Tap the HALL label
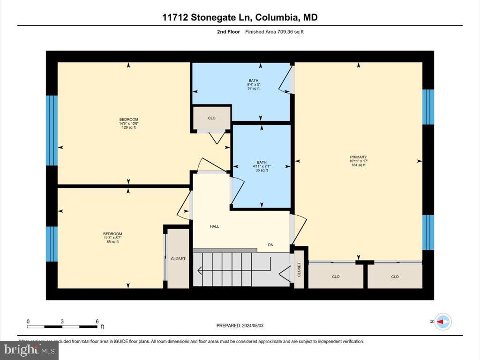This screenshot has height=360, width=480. click(x=214, y=226)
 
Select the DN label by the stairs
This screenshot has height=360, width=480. click(x=270, y=245)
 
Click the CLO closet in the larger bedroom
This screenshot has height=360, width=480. click(x=211, y=118)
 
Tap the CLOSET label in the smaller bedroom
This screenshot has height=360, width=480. click(x=178, y=259)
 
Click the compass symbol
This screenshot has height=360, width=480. click(x=443, y=322)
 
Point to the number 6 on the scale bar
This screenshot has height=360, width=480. click(x=97, y=321)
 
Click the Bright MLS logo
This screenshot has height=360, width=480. click(x=29, y=350)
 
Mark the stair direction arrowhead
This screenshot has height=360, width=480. click(x=199, y=270)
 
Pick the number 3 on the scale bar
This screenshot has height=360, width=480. click(x=62, y=321)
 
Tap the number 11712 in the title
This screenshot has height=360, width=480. click(x=175, y=17)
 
